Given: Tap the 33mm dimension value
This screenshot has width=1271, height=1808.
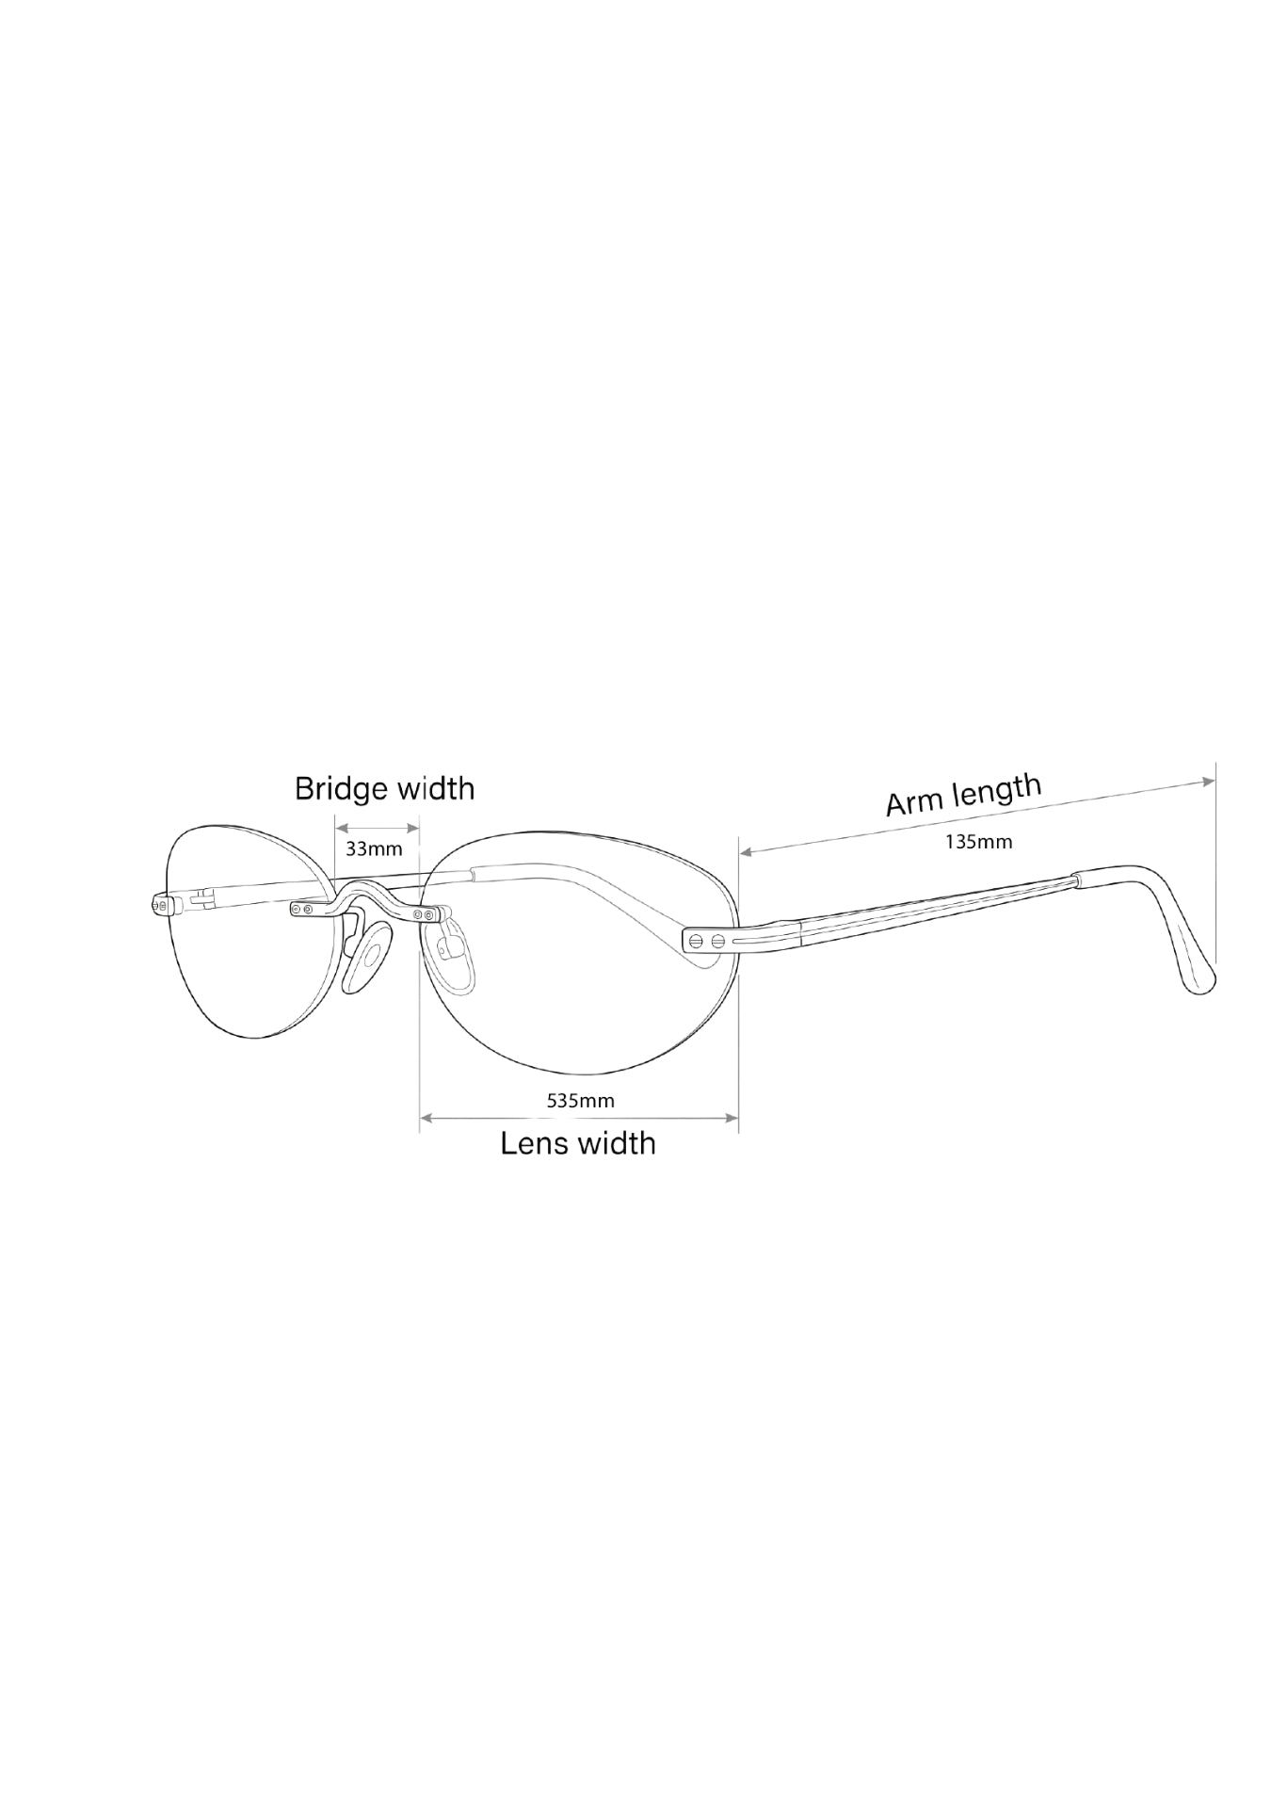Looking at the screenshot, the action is [x=374, y=848].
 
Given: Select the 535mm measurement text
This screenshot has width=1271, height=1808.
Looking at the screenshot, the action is [x=581, y=1100].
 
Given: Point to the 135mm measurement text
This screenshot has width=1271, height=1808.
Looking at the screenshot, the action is [x=979, y=842].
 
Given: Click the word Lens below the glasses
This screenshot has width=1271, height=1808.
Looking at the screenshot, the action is [x=533, y=1143].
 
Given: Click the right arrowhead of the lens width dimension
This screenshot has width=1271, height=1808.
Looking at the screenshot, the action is [x=732, y=1118].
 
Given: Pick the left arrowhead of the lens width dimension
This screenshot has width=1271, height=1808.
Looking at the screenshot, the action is [x=426, y=1118].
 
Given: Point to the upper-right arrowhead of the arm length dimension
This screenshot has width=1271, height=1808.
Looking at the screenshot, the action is [x=1209, y=781].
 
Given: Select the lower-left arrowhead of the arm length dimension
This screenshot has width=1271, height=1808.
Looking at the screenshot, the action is [x=747, y=851].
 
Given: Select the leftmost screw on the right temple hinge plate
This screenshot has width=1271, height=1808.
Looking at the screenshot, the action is [x=697, y=940].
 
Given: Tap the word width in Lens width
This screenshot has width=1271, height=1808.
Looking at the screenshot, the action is [x=617, y=1143].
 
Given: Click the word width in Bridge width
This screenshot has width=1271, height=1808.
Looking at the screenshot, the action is [x=437, y=788].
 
